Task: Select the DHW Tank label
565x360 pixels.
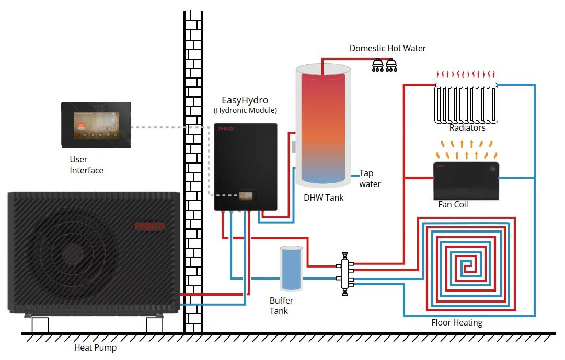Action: coord(324,198)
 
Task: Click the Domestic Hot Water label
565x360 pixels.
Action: coord(387,48)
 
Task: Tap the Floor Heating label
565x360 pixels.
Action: coord(457,322)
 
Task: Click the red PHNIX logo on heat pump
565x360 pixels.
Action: coord(150,226)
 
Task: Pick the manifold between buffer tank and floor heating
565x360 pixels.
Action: coord(345,274)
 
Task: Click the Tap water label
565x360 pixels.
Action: coord(370,179)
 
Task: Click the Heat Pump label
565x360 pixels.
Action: coord(95,347)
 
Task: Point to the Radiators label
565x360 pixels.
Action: coord(467,127)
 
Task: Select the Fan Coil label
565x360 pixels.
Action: coord(453,204)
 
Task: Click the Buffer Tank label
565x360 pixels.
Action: coord(281,306)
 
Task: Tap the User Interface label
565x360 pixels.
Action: coord(86,165)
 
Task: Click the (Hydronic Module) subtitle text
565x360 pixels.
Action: coord(245,110)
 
